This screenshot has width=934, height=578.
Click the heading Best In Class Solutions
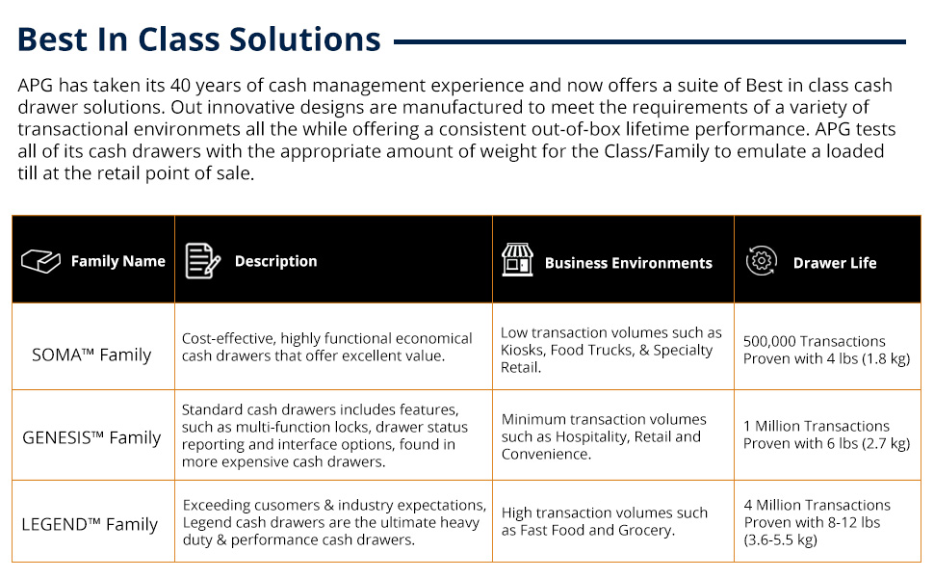[199, 39]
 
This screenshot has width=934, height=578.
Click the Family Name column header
[117, 261]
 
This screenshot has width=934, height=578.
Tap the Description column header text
[275, 261]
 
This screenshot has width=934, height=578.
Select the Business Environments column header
[629, 263]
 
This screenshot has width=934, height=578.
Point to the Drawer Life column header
[835, 263]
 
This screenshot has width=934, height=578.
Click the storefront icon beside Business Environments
[517, 260]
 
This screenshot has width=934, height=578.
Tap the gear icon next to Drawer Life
[762, 260]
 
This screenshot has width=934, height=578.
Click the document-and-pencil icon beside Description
[202, 261]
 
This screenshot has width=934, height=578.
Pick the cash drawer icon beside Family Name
[40, 261]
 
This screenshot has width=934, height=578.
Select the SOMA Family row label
[91, 355]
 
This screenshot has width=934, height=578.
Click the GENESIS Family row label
[91, 437]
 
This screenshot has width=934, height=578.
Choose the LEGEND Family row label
[90, 524]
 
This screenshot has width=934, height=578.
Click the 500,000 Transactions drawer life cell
[827, 350]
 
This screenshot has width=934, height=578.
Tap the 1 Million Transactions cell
[827, 434]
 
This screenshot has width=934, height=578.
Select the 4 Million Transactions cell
[817, 522]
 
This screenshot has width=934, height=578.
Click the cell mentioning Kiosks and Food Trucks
[611, 350]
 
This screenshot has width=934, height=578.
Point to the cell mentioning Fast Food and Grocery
[605, 521]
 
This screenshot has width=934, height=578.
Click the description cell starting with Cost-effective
[327, 347]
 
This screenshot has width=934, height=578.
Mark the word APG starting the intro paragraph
[35, 85]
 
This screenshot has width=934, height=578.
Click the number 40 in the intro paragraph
[180, 85]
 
